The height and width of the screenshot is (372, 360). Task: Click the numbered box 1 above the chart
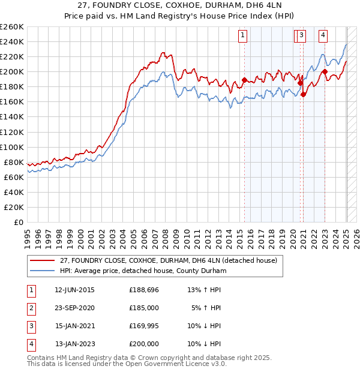click(x=242, y=35)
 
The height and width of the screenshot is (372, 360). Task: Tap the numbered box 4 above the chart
click(x=323, y=35)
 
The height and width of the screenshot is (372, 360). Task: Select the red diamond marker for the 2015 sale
click(x=244, y=80)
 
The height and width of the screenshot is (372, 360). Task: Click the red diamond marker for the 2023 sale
click(x=325, y=72)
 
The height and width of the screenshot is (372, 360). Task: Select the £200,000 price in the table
click(x=144, y=344)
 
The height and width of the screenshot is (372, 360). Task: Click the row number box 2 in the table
click(x=30, y=308)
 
